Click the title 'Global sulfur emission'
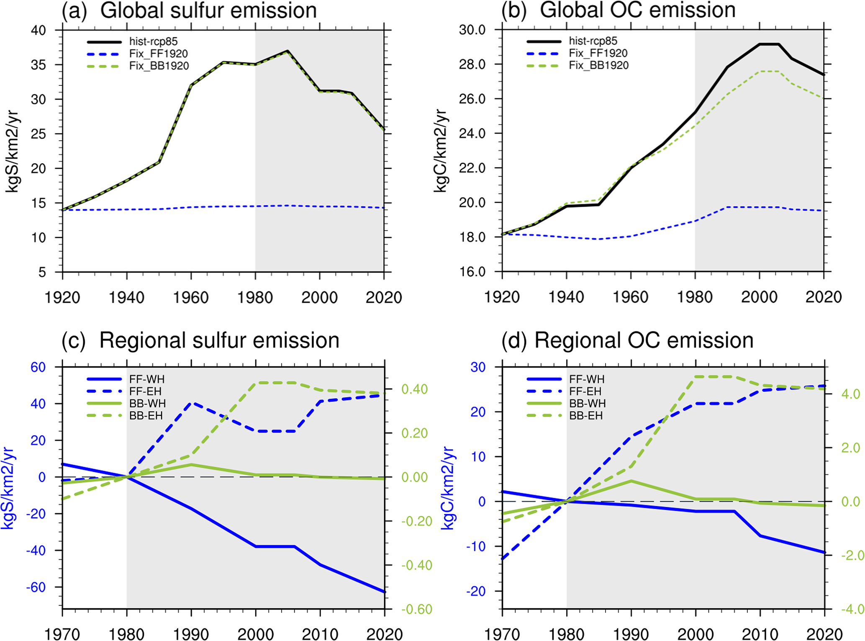click(208, 10)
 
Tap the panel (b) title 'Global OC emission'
click(637, 10)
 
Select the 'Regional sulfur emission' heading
click(219, 340)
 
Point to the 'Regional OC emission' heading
click(644, 340)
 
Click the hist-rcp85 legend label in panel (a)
click(153, 41)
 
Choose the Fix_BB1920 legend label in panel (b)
click(598, 65)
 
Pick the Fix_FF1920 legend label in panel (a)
click(158, 54)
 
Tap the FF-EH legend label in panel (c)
click(145, 391)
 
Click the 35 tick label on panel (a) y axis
click(39, 65)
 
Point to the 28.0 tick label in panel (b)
click(472, 64)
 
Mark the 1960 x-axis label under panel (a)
click(191, 298)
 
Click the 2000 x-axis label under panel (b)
click(759, 297)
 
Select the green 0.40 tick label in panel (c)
click(414, 389)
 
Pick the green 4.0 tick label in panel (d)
click(850, 394)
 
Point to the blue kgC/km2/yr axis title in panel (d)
click(448, 488)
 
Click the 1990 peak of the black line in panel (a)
click(287, 51)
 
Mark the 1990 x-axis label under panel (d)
click(630, 634)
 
